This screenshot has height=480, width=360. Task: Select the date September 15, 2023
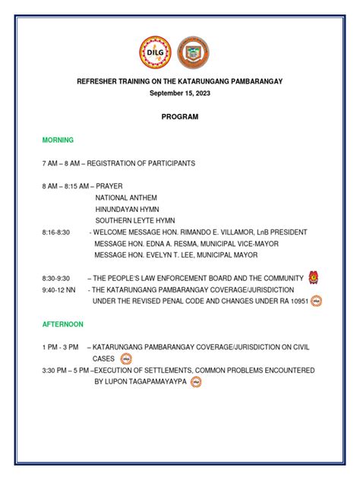(179, 93)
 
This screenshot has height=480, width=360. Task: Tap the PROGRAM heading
(179, 117)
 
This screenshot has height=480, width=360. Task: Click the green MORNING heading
(58, 140)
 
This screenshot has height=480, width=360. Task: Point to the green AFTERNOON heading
(63, 324)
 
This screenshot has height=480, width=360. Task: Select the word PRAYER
(109, 186)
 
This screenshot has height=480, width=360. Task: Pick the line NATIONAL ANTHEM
(127, 197)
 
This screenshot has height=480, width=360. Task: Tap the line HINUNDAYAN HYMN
(127, 209)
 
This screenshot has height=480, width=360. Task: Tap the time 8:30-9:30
(56, 278)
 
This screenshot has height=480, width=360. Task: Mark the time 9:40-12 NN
(59, 289)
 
